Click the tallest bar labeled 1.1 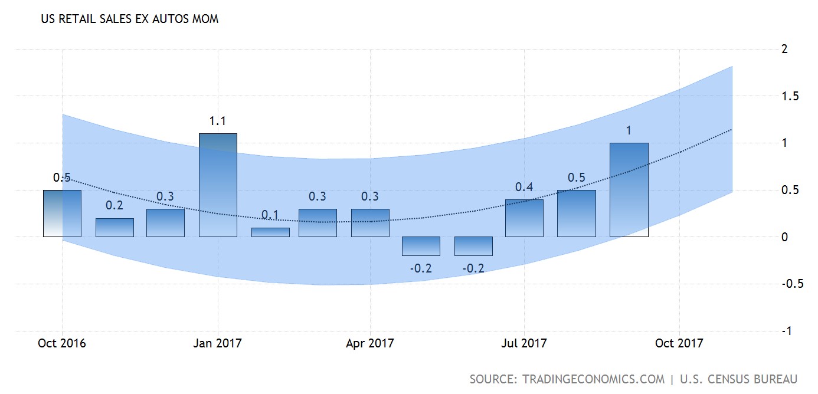(218, 185)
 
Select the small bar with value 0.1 (270, 232)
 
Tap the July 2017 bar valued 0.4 (524, 218)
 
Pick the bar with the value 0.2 (114, 228)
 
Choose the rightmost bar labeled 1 (629, 190)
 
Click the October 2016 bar (62, 214)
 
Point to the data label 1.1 (218, 121)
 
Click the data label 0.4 (524, 187)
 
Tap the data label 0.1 (270, 215)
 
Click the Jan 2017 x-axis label (218, 343)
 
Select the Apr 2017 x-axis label (370, 343)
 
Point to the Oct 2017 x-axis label (679, 343)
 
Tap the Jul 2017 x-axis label (524, 343)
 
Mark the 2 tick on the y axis (784, 49)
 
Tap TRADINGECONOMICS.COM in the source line (592, 379)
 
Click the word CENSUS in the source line (729, 379)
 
